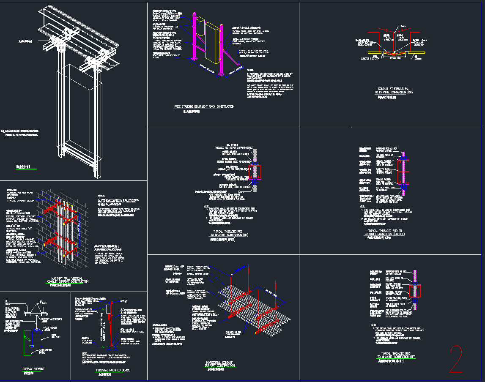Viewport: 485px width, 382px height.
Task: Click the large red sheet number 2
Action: point(456,359)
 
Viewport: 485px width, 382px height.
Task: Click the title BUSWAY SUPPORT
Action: point(33,369)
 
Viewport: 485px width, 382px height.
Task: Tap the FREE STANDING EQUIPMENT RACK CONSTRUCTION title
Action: point(204,107)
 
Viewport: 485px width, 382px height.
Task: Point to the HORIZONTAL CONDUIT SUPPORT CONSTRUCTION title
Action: point(220,364)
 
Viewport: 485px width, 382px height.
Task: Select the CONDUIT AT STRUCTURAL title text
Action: point(392,91)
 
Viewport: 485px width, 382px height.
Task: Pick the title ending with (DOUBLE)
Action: point(384,233)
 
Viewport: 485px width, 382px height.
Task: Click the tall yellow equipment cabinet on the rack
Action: point(211,44)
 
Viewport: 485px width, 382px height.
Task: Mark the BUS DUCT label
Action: point(56,337)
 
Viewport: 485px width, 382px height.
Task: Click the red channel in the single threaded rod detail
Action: point(255,172)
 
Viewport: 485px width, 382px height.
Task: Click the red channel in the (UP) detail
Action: point(416,291)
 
